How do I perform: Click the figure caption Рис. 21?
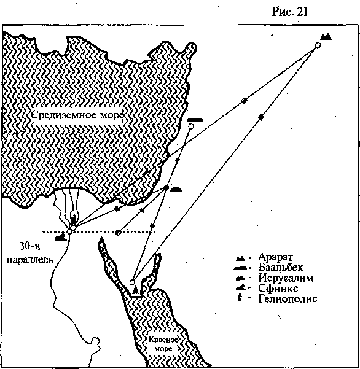tap(290, 12)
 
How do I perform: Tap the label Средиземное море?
tap(77, 115)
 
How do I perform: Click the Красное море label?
tap(163, 344)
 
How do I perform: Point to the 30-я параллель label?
tap(29, 253)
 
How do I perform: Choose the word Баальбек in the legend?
tap(281, 267)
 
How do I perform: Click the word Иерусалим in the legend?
tap(286, 278)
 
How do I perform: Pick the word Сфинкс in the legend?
tap(278, 288)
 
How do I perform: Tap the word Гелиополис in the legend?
tap(288, 298)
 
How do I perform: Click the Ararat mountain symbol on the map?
tap(326, 37)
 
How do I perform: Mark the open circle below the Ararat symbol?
tap(318, 45)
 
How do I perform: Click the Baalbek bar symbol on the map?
tap(195, 120)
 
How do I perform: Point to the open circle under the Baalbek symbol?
tap(190, 126)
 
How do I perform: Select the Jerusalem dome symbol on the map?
tap(176, 190)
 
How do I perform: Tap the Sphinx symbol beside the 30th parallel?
tap(61, 238)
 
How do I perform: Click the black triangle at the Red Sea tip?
tap(135, 290)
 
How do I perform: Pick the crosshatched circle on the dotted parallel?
tap(118, 233)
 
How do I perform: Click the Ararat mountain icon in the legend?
tap(241, 258)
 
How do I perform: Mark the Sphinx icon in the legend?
tap(241, 288)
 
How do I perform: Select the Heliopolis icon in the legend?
tap(240, 298)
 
